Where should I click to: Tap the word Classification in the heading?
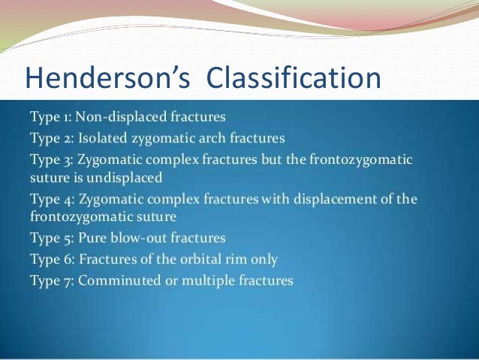[x=291, y=77]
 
